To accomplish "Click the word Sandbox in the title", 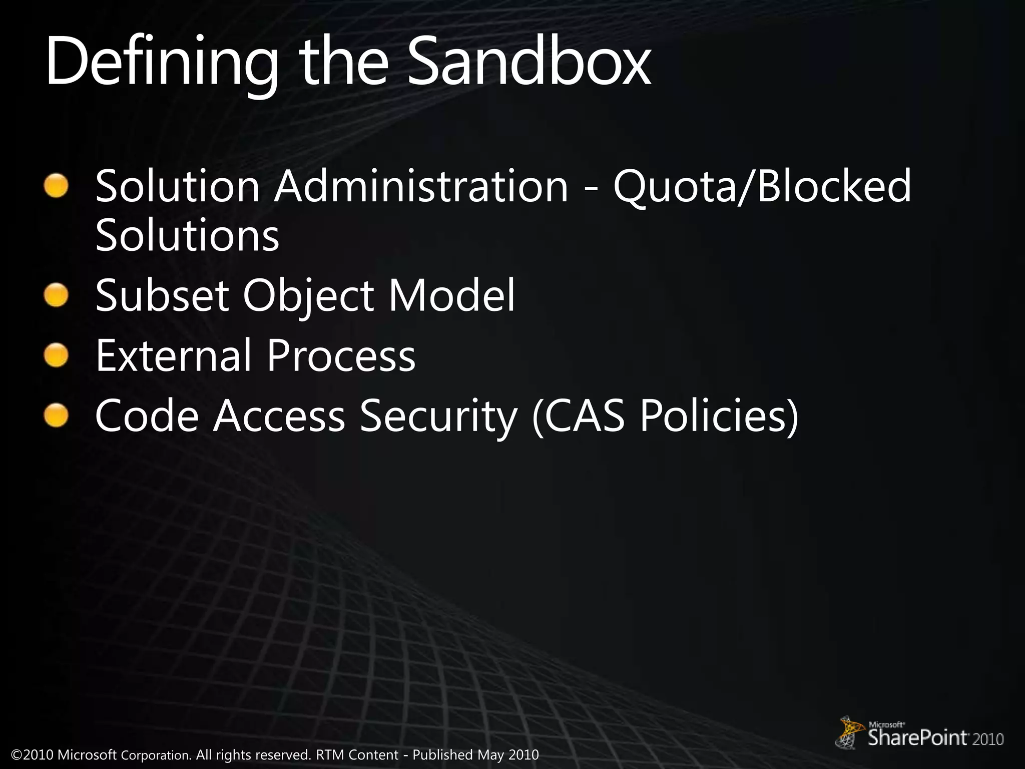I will click(529, 63).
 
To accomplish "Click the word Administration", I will click(420, 186).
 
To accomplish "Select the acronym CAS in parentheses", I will click(584, 417).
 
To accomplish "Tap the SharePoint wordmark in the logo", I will click(917, 738).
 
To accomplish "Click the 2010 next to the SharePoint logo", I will click(988, 739).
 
